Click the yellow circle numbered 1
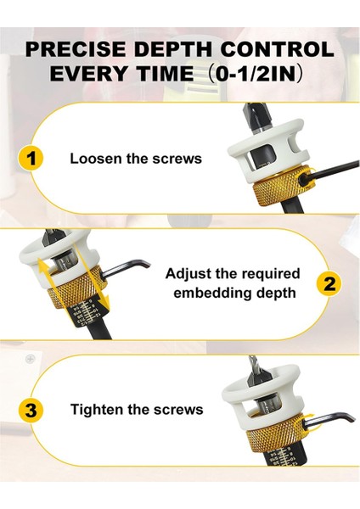pyautogui.click(x=31, y=159)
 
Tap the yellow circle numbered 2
pyautogui.click(x=329, y=283)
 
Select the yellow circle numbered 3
pyautogui.click(x=31, y=411)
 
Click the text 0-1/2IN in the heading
pyautogui.click(x=256, y=74)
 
